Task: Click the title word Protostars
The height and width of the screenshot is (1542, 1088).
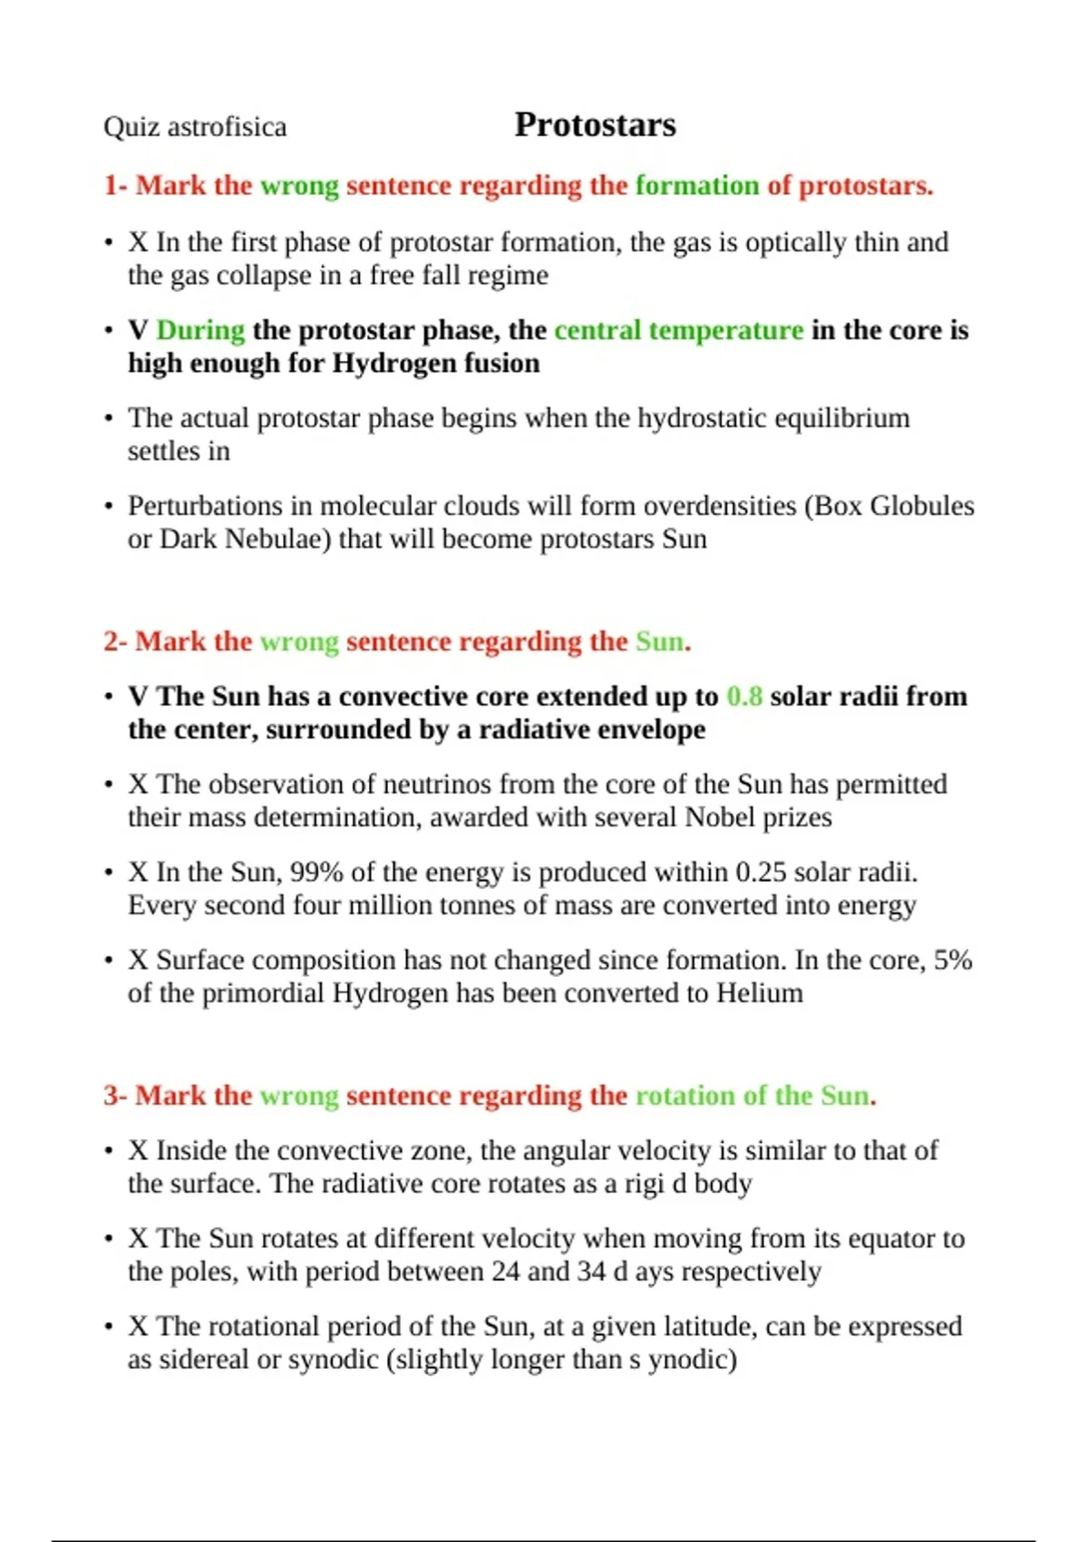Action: point(595,125)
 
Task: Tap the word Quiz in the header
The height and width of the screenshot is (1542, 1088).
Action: point(121,127)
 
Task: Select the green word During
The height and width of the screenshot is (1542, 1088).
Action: point(200,330)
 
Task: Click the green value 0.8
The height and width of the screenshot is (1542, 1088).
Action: point(744,697)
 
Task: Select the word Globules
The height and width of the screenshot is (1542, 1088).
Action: point(922,506)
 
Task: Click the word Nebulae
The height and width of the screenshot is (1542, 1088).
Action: point(277,540)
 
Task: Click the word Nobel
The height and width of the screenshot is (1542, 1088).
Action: point(720,818)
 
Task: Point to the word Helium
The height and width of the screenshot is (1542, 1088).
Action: point(760,994)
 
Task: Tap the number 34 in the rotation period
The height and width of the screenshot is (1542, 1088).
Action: point(590,1273)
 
